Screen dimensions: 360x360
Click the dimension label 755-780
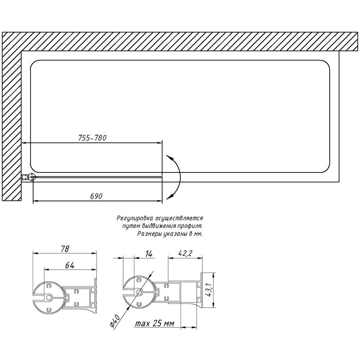[x=93, y=138]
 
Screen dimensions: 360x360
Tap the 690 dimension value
[x=96, y=196]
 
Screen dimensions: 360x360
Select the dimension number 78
[x=65, y=249]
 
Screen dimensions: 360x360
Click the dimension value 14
[x=149, y=254]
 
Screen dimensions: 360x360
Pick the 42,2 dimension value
[x=185, y=253]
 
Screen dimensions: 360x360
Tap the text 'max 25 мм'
[x=154, y=324]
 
